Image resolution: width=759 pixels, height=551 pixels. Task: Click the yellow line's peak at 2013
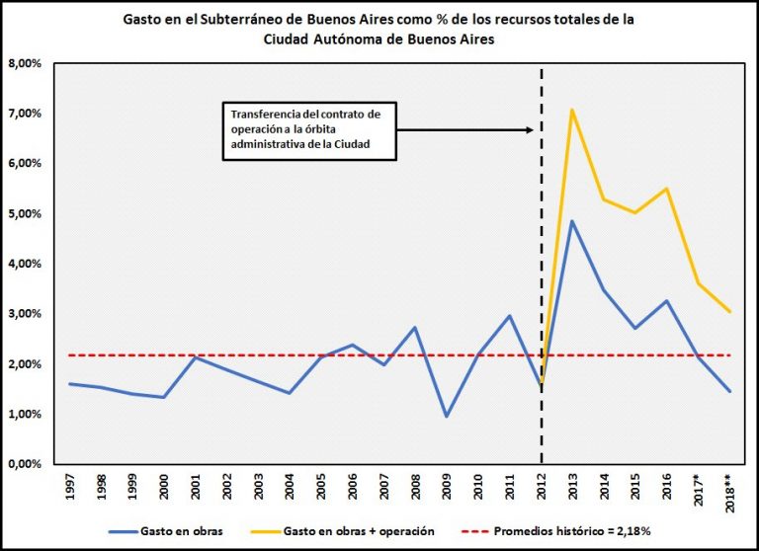click(571, 110)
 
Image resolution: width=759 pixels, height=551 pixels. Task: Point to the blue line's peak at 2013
click(571, 220)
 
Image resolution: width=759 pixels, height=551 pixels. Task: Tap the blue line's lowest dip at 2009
click(447, 416)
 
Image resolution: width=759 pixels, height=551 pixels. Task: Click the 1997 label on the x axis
click(70, 488)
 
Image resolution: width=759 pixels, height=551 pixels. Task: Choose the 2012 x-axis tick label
click(541, 488)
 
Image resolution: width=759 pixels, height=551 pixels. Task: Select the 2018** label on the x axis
click(728, 491)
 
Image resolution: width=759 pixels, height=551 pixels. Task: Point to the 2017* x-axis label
click(697, 490)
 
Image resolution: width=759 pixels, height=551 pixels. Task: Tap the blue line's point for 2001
click(196, 357)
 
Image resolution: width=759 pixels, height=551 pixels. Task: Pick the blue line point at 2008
click(415, 327)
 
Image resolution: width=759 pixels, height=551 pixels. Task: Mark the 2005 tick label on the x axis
click(321, 488)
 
